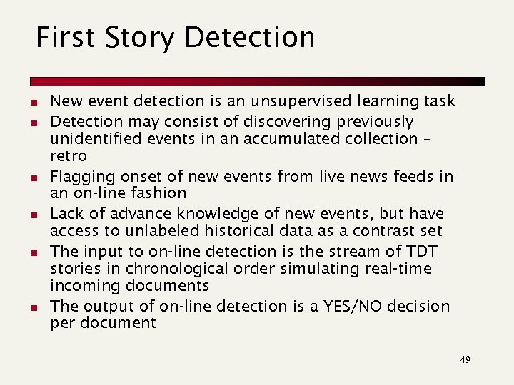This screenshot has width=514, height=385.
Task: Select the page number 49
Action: [x=465, y=360]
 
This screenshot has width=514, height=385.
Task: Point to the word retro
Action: [x=68, y=155]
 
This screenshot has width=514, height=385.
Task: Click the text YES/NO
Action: [x=344, y=307]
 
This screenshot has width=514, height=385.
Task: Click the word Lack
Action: [x=67, y=214]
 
